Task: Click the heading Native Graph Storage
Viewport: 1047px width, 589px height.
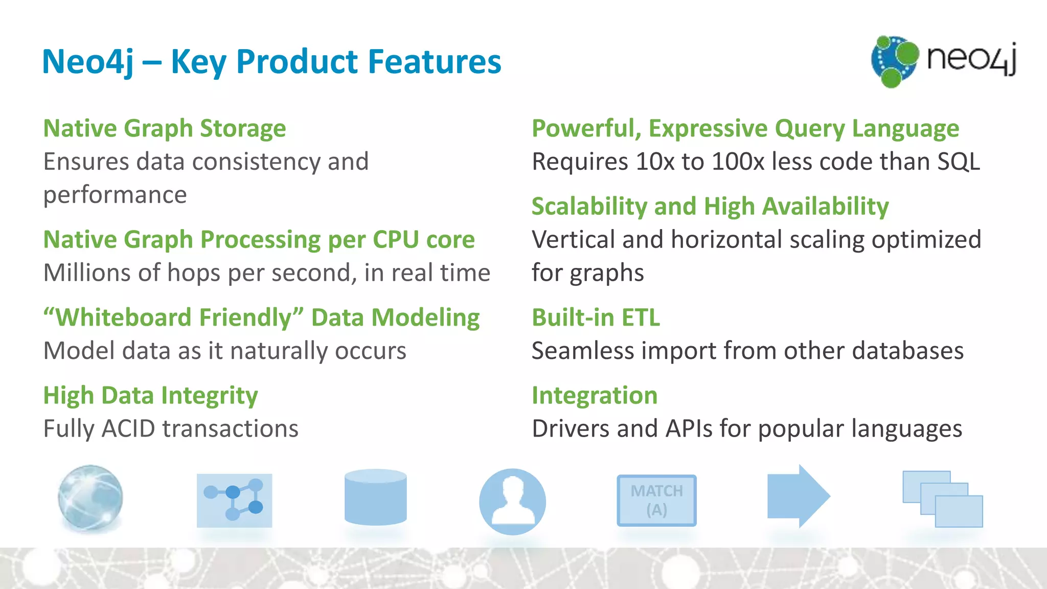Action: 164,128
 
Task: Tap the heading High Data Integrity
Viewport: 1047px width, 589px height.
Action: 150,396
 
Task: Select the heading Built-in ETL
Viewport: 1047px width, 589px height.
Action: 596,318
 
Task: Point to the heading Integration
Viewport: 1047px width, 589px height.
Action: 594,396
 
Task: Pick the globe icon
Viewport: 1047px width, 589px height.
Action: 90,497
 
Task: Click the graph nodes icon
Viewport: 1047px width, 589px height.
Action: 234,501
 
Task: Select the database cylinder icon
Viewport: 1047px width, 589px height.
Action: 375,497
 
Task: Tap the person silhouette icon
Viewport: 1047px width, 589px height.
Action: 512,502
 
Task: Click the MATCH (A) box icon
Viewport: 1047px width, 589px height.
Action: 656,501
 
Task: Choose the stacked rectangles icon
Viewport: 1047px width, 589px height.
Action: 942,499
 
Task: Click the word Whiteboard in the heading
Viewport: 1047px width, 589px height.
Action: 122,318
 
